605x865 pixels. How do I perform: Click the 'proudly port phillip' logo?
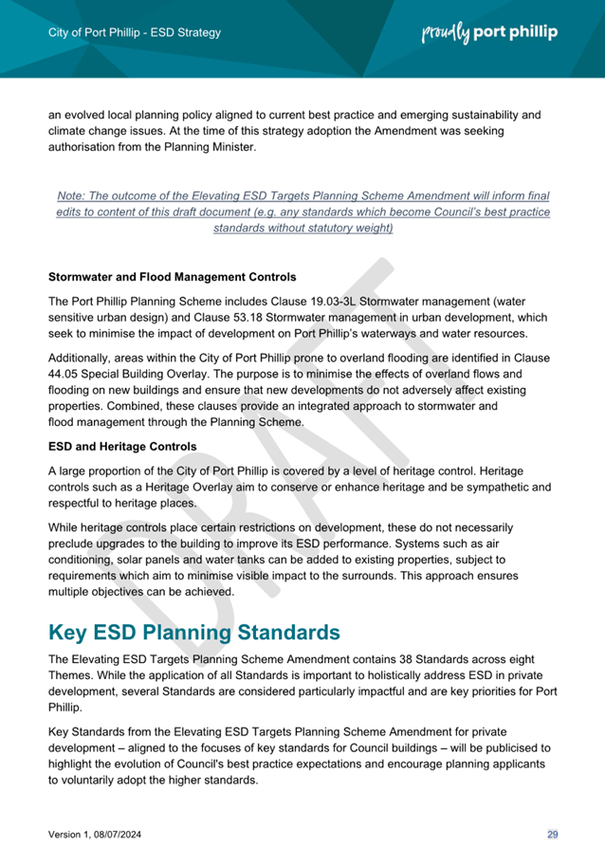pyautogui.click(x=488, y=32)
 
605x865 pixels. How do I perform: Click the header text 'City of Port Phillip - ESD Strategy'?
pyautogui.click(x=134, y=32)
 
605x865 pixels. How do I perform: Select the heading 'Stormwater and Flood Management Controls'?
pyautogui.click(x=172, y=278)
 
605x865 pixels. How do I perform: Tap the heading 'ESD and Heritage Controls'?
pyautogui.click(x=121, y=447)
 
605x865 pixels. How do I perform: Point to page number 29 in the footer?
pyautogui.click(x=552, y=834)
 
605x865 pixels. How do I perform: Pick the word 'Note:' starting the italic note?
pyautogui.click(x=72, y=194)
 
